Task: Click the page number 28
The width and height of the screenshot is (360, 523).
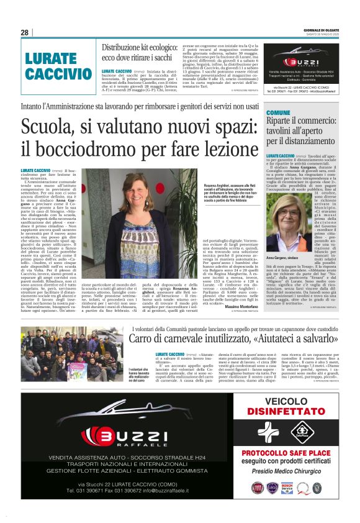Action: click(25, 32)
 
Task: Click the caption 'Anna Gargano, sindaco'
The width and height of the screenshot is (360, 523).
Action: click(287, 257)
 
